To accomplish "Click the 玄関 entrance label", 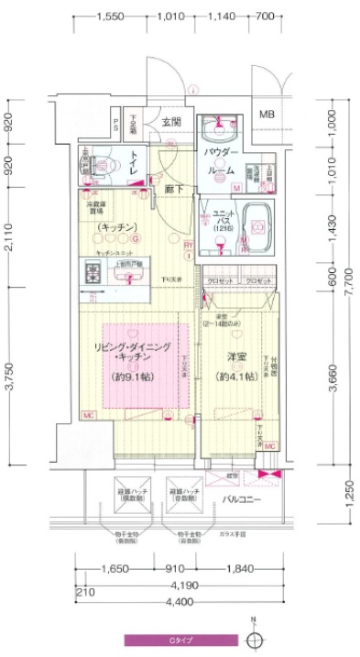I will (x=171, y=122).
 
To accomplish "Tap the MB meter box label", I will (x=267, y=115).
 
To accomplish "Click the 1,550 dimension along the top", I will (x=110, y=16).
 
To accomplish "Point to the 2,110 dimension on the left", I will (x=8, y=238).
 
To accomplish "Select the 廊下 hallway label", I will (x=173, y=190).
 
